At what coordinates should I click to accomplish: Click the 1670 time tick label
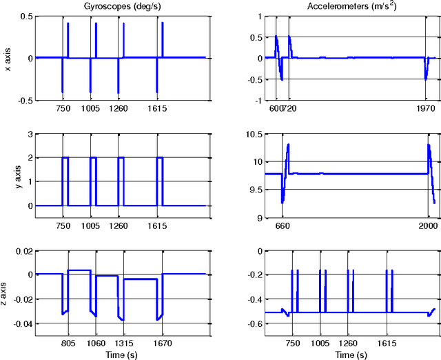click(162, 341)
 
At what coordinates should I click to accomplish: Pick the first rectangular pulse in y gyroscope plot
click(65, 158)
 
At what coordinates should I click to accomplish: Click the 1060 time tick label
click(96, 341)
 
